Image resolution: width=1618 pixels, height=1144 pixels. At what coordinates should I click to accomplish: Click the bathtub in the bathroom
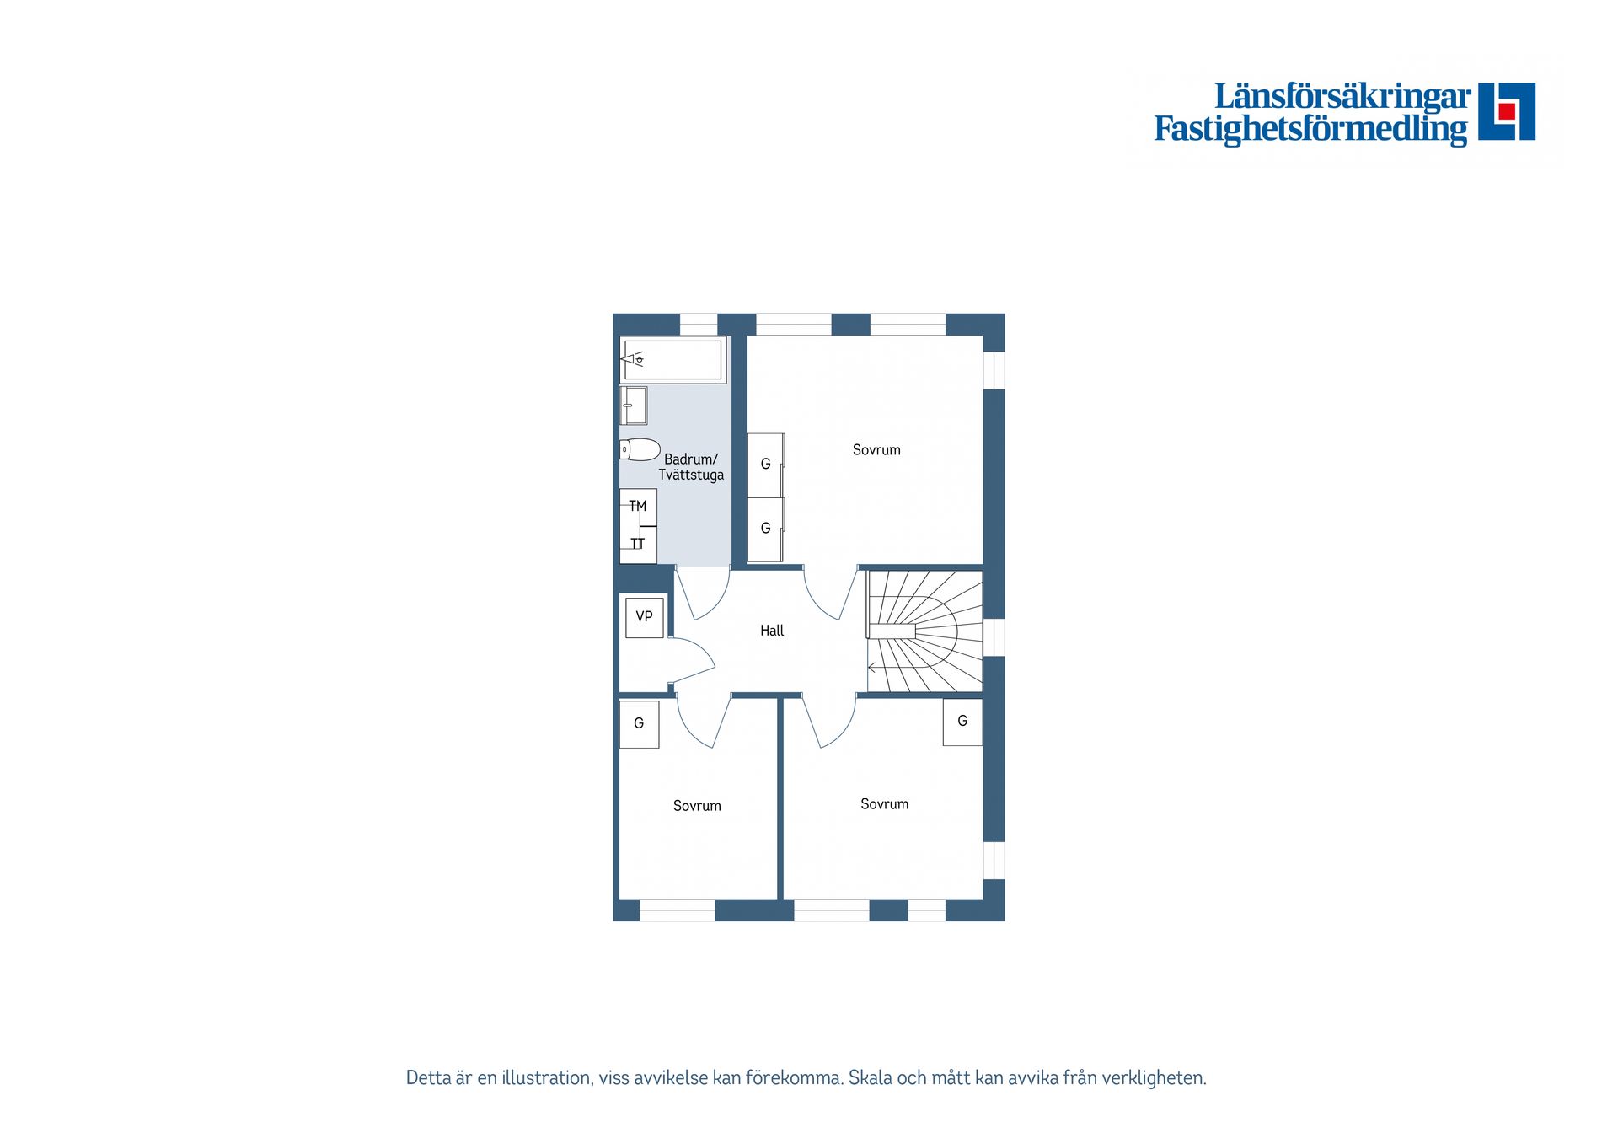pos(673,360)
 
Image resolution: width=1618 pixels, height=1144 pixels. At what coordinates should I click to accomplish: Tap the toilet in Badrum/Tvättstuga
pos(640,449)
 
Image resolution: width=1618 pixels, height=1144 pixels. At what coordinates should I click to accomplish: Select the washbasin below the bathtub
pos(634,406)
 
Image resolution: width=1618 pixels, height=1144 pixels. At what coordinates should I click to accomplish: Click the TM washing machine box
pos(638,507)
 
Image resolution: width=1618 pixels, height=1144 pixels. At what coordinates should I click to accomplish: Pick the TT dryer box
pos(638,545)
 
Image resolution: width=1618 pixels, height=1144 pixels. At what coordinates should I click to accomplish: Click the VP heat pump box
pos(645,617)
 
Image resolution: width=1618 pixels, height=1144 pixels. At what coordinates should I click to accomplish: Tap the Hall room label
pos(772,631)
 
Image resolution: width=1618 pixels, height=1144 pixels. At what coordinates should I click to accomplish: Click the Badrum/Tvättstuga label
pos(691,467)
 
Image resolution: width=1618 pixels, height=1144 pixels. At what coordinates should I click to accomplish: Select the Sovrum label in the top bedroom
pos(876,450)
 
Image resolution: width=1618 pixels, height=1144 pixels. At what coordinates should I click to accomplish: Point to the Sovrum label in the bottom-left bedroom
pos(697,806)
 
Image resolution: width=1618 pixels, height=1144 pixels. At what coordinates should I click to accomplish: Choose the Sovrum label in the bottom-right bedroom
pos(884,804)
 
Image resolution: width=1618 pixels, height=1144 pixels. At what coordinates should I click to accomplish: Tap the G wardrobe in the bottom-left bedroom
pos(639,723)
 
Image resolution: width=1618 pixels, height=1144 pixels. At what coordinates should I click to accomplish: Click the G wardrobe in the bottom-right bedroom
pos(962,722)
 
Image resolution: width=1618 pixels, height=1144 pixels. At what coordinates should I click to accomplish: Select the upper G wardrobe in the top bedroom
pos(766,464)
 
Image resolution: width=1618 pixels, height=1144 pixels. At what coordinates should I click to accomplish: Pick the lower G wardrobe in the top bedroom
pos(766,529)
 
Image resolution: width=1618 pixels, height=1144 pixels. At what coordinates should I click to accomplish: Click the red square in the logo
pos(1507,111)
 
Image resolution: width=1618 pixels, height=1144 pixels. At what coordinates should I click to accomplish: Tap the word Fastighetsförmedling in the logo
pos(1310,129)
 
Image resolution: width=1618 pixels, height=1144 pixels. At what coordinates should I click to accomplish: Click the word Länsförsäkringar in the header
pos(1342,97)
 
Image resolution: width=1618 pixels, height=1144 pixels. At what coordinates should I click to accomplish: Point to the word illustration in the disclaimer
pos(545,1078)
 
